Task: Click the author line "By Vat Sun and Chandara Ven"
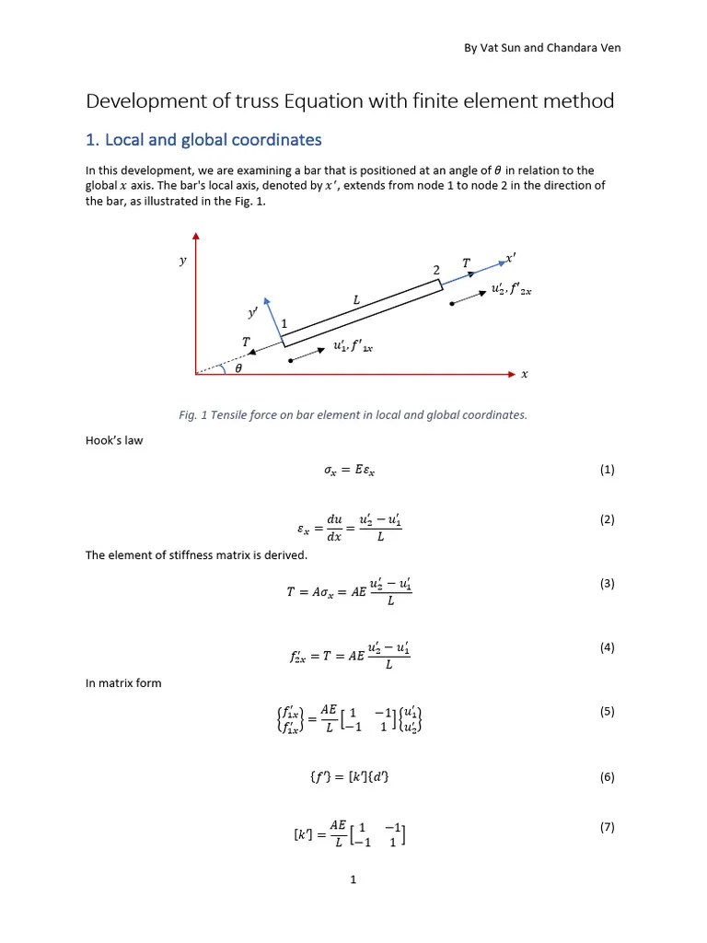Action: pos(541,48)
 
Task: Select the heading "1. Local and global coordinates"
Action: pos(203,140)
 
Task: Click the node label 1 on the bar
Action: pos(284,324)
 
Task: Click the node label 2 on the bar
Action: pos(436,270)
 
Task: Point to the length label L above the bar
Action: pos(356,300)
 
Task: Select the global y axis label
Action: pos(182,261)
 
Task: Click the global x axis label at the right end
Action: pos(525,374)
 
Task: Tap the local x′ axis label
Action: pos(512,259)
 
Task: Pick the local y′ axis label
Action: pos(252,313)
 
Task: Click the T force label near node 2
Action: pos(466,263)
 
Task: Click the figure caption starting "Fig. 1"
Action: pos(353,414)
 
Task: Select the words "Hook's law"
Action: pos(114,440)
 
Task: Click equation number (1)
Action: pos(607,470)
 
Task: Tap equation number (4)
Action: pos(607,647)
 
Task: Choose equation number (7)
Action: pos(607,827)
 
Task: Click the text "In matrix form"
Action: pos(123,682)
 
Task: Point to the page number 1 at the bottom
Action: pos(353,880)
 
